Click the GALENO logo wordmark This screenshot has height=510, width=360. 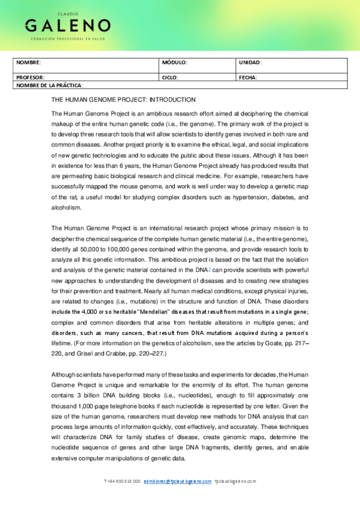click(67, 25)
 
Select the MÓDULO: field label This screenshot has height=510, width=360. click(175, 63)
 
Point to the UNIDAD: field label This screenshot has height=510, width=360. click(250, 63)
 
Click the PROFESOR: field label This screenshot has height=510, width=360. click(30, 78)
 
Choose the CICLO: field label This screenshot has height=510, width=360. click(171, 78)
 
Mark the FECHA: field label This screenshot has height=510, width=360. click(248, 78)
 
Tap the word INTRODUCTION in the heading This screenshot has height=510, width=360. click(172, 99)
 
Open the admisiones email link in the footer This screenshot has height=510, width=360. click(178, 481)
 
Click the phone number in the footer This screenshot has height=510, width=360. click(123, 481)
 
